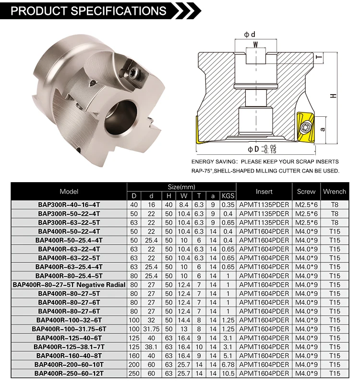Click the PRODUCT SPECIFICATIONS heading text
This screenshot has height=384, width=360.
click(89, 11)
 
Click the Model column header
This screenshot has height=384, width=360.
click(69, 191)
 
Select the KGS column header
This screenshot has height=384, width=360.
click(228, 196)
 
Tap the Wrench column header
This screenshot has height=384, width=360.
click(334, 191)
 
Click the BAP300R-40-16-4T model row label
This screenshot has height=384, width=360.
click(69, 205)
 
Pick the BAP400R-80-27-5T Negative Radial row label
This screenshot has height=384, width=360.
click(69, 285)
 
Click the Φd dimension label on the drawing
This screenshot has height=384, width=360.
click(249, 34)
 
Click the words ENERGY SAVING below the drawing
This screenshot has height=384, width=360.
click(213, 162)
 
